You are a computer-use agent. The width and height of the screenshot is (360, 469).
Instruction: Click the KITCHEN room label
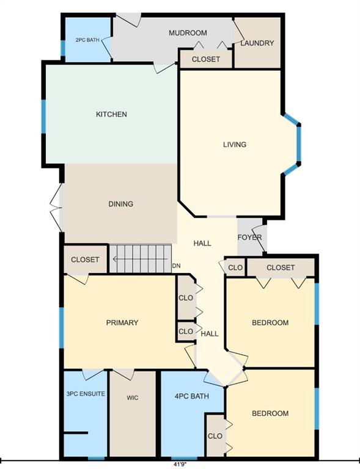(x=111, y=114)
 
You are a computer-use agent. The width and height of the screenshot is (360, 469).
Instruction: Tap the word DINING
(x=120, y=204)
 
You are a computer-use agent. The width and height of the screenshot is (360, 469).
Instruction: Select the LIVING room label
(x=235, y=145)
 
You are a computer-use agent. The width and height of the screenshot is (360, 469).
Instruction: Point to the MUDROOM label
(x=188, y=33)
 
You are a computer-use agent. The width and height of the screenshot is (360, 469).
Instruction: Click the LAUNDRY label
(x=257, y=43)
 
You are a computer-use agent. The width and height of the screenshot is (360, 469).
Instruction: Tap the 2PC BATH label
(x=87, y=40)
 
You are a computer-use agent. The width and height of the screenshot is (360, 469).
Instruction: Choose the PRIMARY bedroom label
(x=122, y=322)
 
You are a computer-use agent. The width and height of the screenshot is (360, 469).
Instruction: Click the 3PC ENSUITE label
(x=86, y=394)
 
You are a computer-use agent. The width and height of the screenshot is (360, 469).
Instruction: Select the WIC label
(x=132, y=398)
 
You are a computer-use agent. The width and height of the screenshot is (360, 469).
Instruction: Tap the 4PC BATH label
(x=191, y=396)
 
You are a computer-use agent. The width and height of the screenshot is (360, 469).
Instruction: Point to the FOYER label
(x=249, y=238)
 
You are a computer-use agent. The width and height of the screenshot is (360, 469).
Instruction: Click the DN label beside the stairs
(x=176, y=266)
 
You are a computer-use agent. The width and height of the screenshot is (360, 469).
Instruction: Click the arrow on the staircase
(x=140, y=259)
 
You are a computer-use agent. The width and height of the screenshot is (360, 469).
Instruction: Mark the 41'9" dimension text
(x=180, y=465)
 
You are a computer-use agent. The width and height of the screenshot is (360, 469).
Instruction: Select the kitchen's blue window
(x=43, y=117)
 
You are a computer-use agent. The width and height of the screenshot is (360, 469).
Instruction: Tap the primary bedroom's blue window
(x=61, y=328)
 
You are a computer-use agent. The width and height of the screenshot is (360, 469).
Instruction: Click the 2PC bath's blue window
(x=63, y=48)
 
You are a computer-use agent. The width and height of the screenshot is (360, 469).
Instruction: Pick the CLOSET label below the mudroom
(x=206, y=59)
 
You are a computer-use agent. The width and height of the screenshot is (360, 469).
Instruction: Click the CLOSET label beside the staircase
(x=85, y=260)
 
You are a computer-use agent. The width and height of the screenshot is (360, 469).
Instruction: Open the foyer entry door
(x=259, y=238)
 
